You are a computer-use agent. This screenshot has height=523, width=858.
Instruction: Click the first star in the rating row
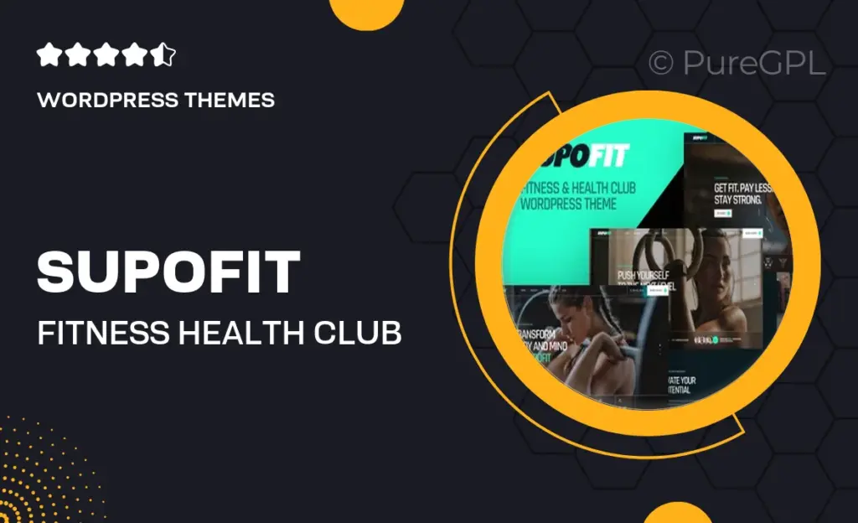point(48,56)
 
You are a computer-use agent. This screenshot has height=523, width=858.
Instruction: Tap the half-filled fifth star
point(164,56)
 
